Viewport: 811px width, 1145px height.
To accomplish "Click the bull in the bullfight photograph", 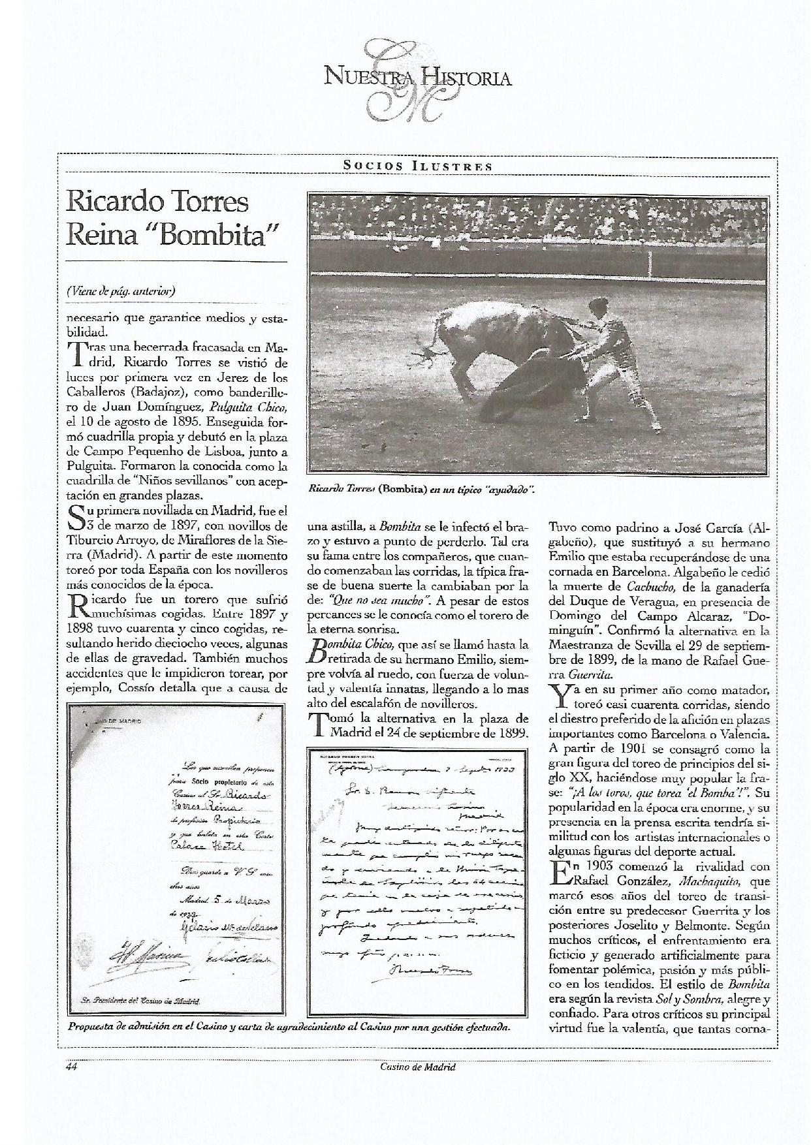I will [496, 339].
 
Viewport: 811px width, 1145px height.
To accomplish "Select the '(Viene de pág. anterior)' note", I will [121, 290].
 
